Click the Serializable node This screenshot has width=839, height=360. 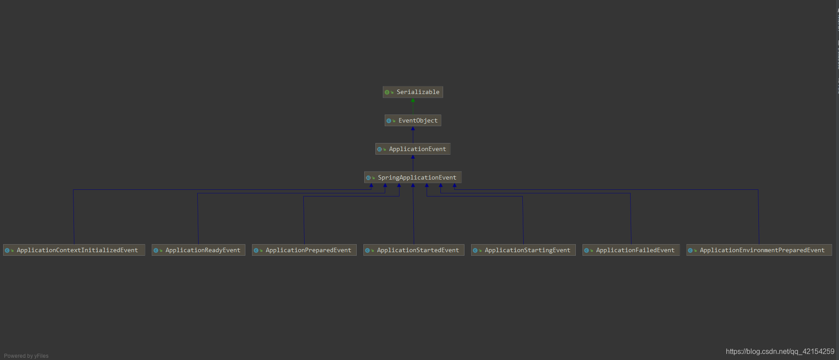[413, 92]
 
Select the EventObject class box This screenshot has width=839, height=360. [413, 120]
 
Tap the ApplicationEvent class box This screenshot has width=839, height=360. [413, 149]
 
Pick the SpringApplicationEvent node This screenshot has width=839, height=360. [413, 177]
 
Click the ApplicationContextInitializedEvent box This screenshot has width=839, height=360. [74, 250]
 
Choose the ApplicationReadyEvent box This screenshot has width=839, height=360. [198, 250]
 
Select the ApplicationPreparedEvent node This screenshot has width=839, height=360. [304, 250]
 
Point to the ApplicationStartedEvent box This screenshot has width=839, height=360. [414, 250]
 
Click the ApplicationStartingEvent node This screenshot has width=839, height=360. [523, 250]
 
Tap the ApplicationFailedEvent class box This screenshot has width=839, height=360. [631, 250]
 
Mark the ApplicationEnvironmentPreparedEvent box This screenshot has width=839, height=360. [759, 250]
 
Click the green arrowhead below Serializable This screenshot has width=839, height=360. [413, 100]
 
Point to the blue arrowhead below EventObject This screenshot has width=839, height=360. [413, 129]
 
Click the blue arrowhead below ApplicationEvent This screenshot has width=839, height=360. [413, 157]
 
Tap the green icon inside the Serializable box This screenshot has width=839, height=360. [387, 92]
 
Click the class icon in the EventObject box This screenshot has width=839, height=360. [389, 121]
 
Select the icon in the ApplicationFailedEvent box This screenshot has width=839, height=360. [586, 250]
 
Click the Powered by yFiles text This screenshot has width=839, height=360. [26, 356]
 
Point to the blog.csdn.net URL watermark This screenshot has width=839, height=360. [780, 352]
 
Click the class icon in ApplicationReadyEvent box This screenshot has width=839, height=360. [156, 250]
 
